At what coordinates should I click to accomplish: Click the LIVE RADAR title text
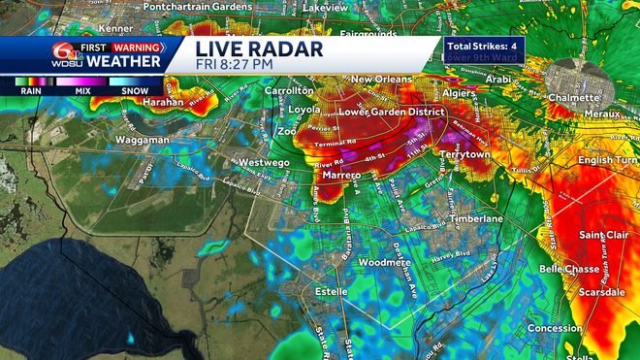pos(259,48)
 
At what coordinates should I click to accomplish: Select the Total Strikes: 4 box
pos(484,47)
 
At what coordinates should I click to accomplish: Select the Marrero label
pos(341,176)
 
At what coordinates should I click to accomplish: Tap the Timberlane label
pos(475,219)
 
